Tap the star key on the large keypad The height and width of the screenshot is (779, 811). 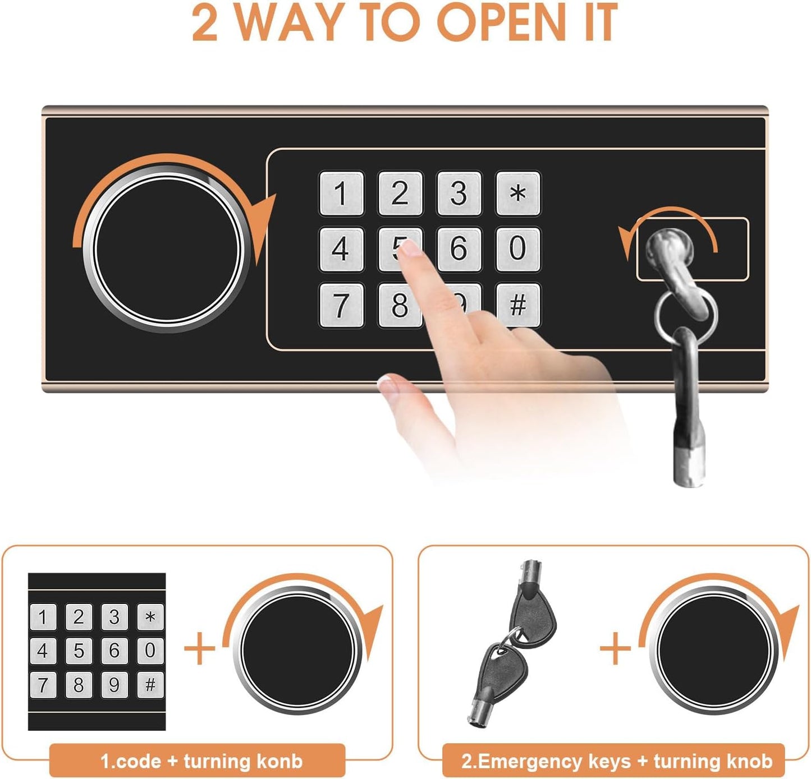tap(517, 193)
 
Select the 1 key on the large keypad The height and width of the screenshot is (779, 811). tap(341, 193)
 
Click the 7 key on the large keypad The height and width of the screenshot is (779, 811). tap(341, 305)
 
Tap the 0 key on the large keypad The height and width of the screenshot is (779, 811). tap(517, 249)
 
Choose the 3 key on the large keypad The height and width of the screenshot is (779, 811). tap(459, 193)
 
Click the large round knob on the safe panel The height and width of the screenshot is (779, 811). tap(167, 249)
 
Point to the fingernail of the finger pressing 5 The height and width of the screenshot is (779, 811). tap(410, 248)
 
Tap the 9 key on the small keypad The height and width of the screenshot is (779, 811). tap(114, 684)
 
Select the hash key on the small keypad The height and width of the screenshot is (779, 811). tap(150, 684)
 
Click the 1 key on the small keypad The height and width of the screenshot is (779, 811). tap(43, 616)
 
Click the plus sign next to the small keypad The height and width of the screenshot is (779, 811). tap(200, 648)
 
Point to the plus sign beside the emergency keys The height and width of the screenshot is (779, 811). tap(615, 648)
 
